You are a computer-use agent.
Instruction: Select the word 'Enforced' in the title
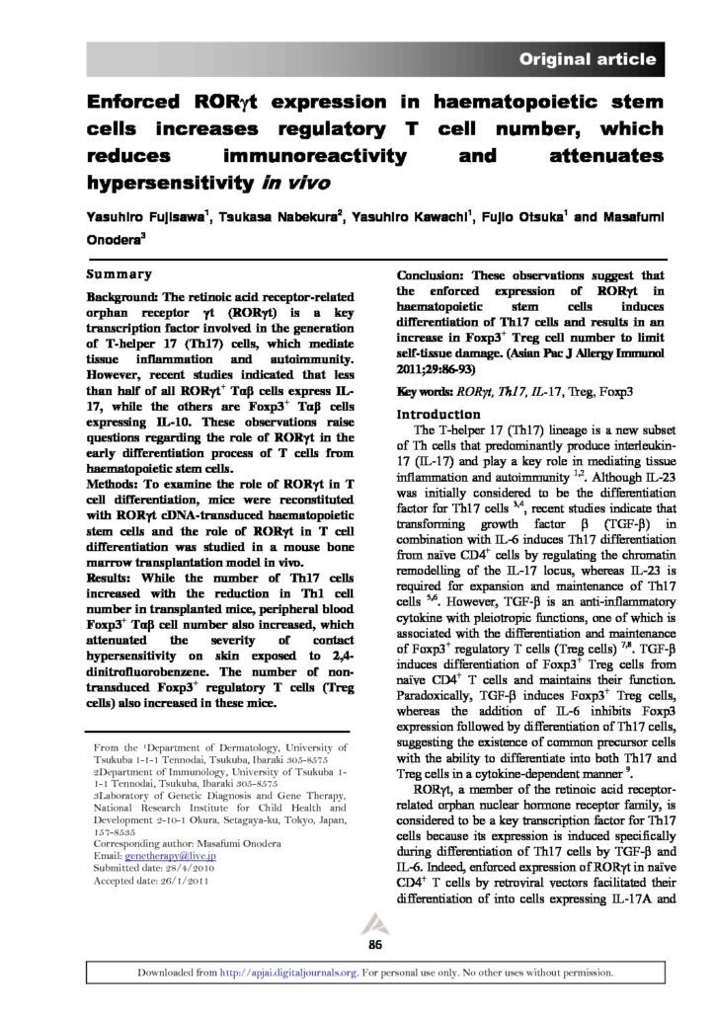tap(137, 102)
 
